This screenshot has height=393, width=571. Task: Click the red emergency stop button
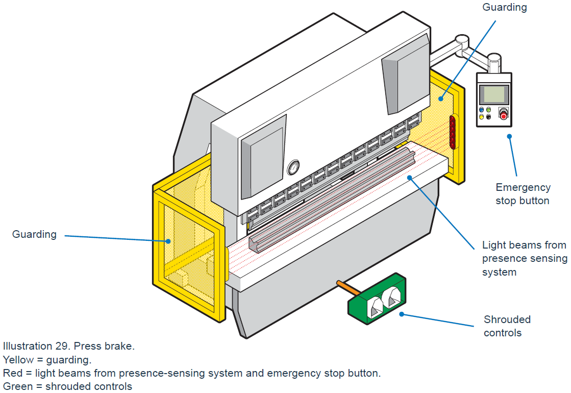click(504, 115)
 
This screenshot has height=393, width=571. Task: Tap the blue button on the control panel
click(481, 110)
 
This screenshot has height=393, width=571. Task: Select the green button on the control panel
click(488, 110)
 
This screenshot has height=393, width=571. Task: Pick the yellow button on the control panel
click(481, 117)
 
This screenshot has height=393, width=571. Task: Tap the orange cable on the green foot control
click(347, 287)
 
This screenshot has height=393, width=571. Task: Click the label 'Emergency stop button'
click(523, 194)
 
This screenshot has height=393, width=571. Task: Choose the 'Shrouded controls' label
click(507, 326)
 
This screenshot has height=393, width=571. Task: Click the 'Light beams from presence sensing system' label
click(524, 258)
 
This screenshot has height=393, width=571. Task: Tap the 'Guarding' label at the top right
click(505, 7)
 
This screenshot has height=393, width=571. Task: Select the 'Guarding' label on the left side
click(34, 234)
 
